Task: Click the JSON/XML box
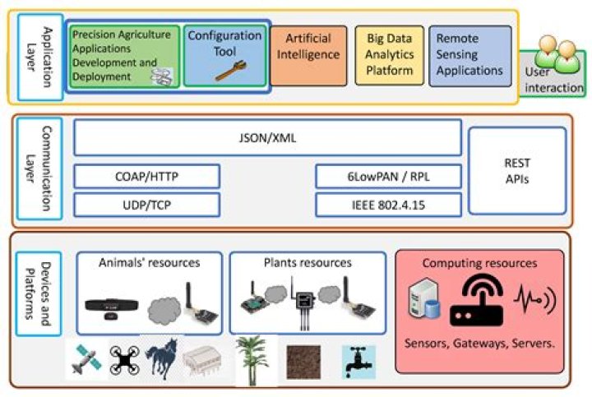pos(267,138)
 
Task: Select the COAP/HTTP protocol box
pos(147,176)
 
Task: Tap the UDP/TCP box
pos(147,205)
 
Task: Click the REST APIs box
pos(517,171)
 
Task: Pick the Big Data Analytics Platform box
pos(389,55)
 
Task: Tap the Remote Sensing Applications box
pos(469,55)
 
